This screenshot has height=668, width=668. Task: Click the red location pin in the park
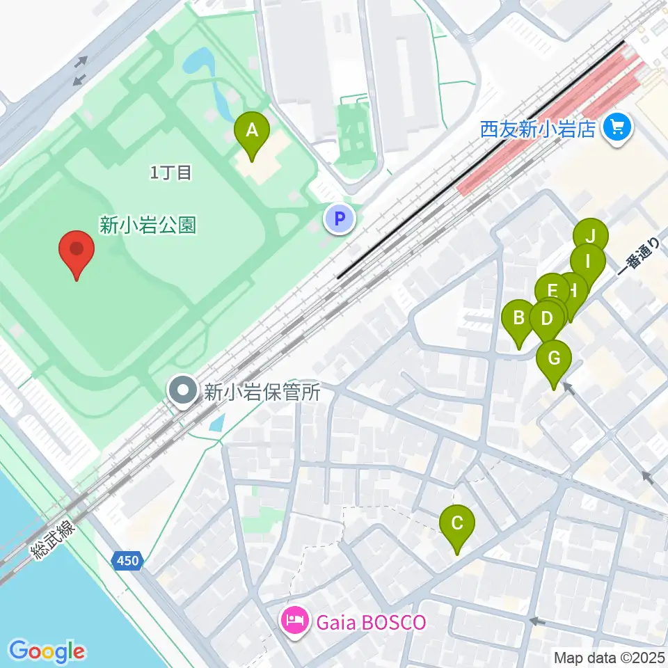click(77, 254)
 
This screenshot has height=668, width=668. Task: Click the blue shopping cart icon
click(617, 127)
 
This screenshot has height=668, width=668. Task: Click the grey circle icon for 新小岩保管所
click(184, 391)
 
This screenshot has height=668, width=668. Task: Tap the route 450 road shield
click(127, 560)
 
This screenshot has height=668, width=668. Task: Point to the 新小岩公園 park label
click(148, 225)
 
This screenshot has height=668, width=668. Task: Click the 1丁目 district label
click(170, 173)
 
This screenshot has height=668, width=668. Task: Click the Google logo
click(47, 651)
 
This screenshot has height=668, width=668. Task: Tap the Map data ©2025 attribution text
click(609, 657)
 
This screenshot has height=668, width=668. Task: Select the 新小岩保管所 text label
click(262, 392)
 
